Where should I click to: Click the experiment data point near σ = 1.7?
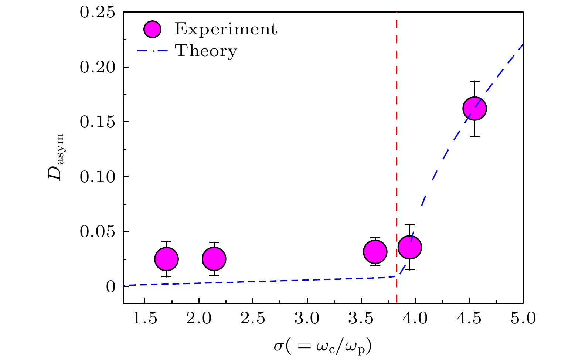click(166, 259)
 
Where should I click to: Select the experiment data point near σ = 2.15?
click(214, 259)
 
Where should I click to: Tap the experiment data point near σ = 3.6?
click(375, 252)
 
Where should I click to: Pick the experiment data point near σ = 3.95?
click(410, 247)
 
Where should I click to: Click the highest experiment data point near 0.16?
click(474, 109)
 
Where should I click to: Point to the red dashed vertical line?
click(396, 148)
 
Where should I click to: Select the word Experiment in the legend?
click(225, 29)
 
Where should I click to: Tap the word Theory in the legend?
click(206, 51)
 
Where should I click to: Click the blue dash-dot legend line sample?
click(153, 51)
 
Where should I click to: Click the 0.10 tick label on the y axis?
click(98, 177)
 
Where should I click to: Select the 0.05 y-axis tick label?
click(98, 232)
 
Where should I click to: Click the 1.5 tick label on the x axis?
click(144, 318)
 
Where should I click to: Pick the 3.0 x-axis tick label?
click(307, 318)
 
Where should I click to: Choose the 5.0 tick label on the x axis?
click(523, 318)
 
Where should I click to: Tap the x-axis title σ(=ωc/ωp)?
click(323, 346)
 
